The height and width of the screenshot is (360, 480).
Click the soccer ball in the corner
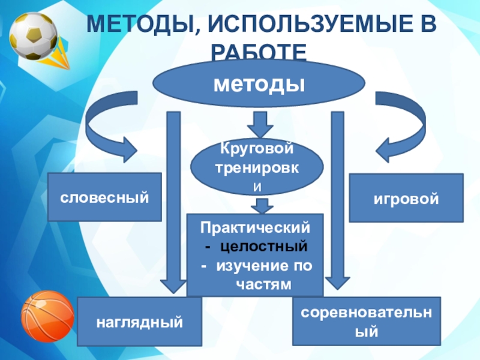33,36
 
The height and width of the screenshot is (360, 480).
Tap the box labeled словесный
104,197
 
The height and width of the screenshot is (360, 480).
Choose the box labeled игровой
406,197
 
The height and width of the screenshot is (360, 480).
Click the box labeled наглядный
139,322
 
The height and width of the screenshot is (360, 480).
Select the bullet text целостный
263,246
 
